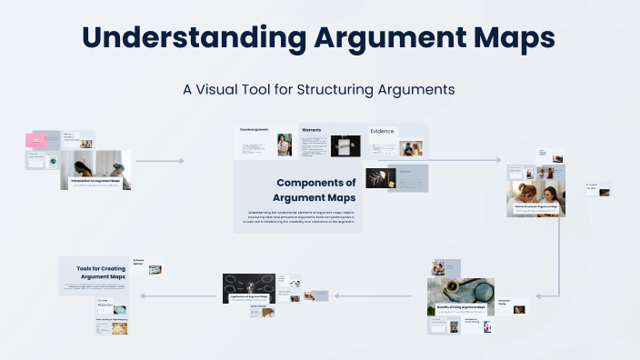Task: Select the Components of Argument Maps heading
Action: tap(315, 190)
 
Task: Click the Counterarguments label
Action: tap(255, 130)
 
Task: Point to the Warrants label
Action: tap(311, 130)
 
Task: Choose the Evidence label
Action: tap(382, 131)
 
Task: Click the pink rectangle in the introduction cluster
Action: tap(36, 140)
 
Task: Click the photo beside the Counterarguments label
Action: tap(284, 145)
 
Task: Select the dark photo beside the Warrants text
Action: tap(345, 145)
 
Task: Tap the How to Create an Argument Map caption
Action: tap(535, 205)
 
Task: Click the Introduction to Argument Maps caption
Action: tap(96, 181)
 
